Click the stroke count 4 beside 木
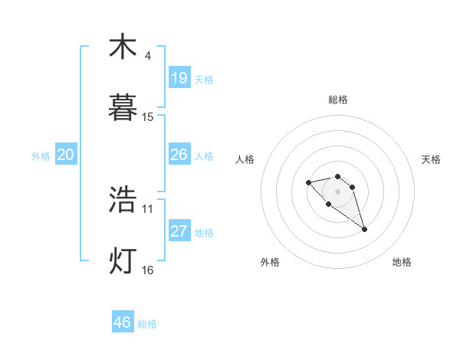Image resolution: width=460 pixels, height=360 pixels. coord(148,56)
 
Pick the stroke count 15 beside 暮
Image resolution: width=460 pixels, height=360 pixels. coord(148,117)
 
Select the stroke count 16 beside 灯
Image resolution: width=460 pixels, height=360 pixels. coord(148,270)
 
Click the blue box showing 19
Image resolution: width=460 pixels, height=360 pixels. coord(179,78)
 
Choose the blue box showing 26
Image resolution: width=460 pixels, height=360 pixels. coord(179,155)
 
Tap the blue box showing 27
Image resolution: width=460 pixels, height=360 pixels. coord(179,231)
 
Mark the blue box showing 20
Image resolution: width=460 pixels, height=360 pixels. coord(66,155)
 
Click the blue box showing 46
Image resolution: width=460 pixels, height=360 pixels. coord(123,322)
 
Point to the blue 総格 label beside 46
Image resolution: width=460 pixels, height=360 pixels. coord(147,324)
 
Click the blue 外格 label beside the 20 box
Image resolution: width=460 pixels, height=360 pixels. coord(41,156)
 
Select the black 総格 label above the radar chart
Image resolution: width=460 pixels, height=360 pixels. coord(338,100)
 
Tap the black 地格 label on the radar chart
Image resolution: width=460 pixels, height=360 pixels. coord(402,263)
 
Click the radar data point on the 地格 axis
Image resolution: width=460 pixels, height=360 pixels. coord(365,229)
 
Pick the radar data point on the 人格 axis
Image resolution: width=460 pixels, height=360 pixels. coord(308,182)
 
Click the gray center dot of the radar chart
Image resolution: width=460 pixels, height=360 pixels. coord(338,191)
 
